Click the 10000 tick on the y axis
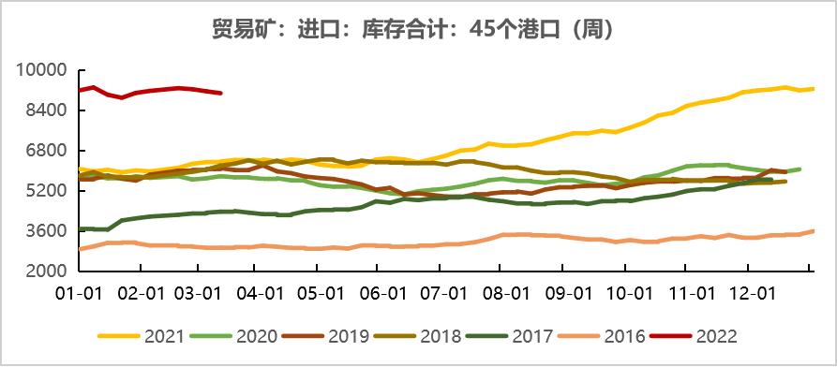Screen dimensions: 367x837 coord(38,70)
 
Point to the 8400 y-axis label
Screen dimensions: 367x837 coord(42,110)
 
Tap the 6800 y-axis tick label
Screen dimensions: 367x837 coord(42,151)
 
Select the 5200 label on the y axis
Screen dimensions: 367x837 coord(42,191)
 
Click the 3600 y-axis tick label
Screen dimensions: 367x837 coord(42,231)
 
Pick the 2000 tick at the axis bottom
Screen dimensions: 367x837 coord(42,272)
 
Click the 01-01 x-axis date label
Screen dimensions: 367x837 coord(79,292)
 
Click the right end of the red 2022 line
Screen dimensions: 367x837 coord(220,93)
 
